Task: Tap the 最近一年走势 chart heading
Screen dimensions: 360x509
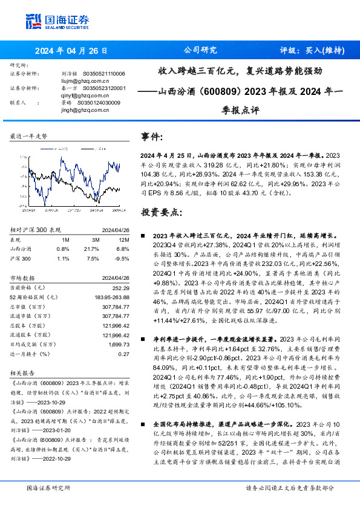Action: (x=29, y=137)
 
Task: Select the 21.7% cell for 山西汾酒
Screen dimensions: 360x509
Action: (x=96, y=248)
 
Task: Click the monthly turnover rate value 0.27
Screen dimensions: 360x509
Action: (x=123, y=354)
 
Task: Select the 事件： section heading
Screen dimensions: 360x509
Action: (x=152, y=137)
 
